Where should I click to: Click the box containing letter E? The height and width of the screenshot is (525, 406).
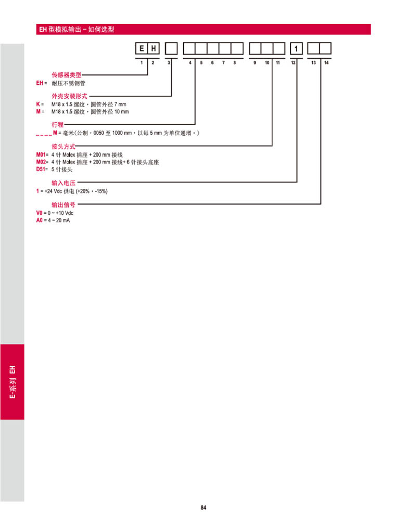[142, 48]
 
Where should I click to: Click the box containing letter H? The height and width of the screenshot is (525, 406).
[154, 48]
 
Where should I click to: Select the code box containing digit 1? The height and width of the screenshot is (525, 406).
[296, 48]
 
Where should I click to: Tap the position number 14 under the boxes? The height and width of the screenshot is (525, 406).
[326, 62]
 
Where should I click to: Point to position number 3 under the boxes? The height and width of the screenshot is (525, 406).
[169, 62]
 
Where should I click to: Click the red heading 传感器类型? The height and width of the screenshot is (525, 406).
[66, 74]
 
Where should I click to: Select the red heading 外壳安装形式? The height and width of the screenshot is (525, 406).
[69, 96]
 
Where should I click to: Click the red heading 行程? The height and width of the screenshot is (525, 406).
[57, 124]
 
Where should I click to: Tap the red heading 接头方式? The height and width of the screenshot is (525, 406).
[64, 146]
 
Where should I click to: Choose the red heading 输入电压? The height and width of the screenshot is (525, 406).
[64, 183]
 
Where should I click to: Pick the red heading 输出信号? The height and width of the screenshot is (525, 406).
[64, 204]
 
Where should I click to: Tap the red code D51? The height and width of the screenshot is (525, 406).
[41, 170]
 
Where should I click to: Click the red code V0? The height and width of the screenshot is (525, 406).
[39, 213]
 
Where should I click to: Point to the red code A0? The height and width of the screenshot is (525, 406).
[39, 220]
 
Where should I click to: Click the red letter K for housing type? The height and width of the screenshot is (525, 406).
[38, 104]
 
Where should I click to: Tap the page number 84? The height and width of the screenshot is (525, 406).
[204, 508]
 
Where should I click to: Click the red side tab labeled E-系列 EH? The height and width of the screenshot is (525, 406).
[12, 382]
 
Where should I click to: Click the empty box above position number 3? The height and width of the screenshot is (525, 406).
[171, 48]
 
